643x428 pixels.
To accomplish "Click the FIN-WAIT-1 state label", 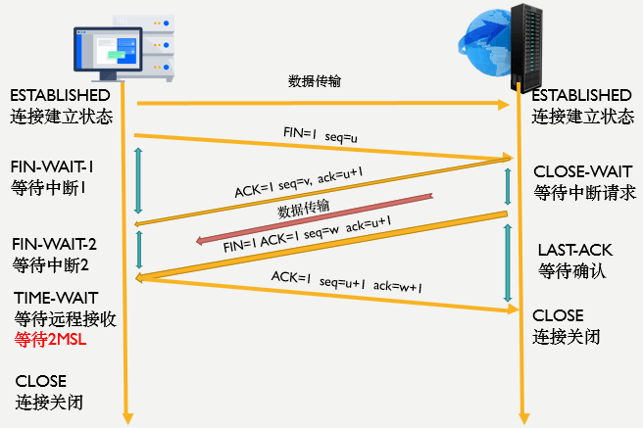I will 51,166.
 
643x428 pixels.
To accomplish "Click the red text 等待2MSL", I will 51,340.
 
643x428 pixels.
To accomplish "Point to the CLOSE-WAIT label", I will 578,171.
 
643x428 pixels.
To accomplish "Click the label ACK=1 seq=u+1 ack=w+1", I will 346,282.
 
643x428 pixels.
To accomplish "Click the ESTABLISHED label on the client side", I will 60,95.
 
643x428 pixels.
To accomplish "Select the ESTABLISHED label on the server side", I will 581,95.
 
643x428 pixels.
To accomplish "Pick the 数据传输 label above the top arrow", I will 315,81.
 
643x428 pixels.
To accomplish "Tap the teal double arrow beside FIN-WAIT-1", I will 138,180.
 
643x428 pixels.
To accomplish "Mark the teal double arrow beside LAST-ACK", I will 508,262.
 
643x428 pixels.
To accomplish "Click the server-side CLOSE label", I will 558,315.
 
